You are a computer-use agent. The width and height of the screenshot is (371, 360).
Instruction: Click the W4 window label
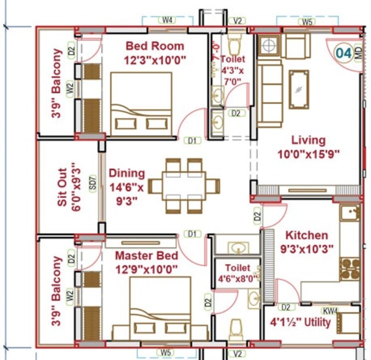pos(167,20)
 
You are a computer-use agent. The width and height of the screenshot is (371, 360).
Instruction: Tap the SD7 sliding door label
pos(92,184)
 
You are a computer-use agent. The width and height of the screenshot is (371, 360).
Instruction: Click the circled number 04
pos(343,52)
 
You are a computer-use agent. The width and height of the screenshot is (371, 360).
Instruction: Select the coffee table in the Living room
pos(299,89)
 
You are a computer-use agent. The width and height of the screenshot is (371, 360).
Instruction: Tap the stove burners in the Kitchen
pos(350,269)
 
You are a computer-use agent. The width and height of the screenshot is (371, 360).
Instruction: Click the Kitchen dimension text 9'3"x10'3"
pos(306,247)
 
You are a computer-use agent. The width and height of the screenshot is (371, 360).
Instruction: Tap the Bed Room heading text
pos(155,46)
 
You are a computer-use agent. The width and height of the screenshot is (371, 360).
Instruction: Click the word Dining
pos(127,174)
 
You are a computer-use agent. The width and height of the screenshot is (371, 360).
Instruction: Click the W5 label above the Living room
pos(307,22)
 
